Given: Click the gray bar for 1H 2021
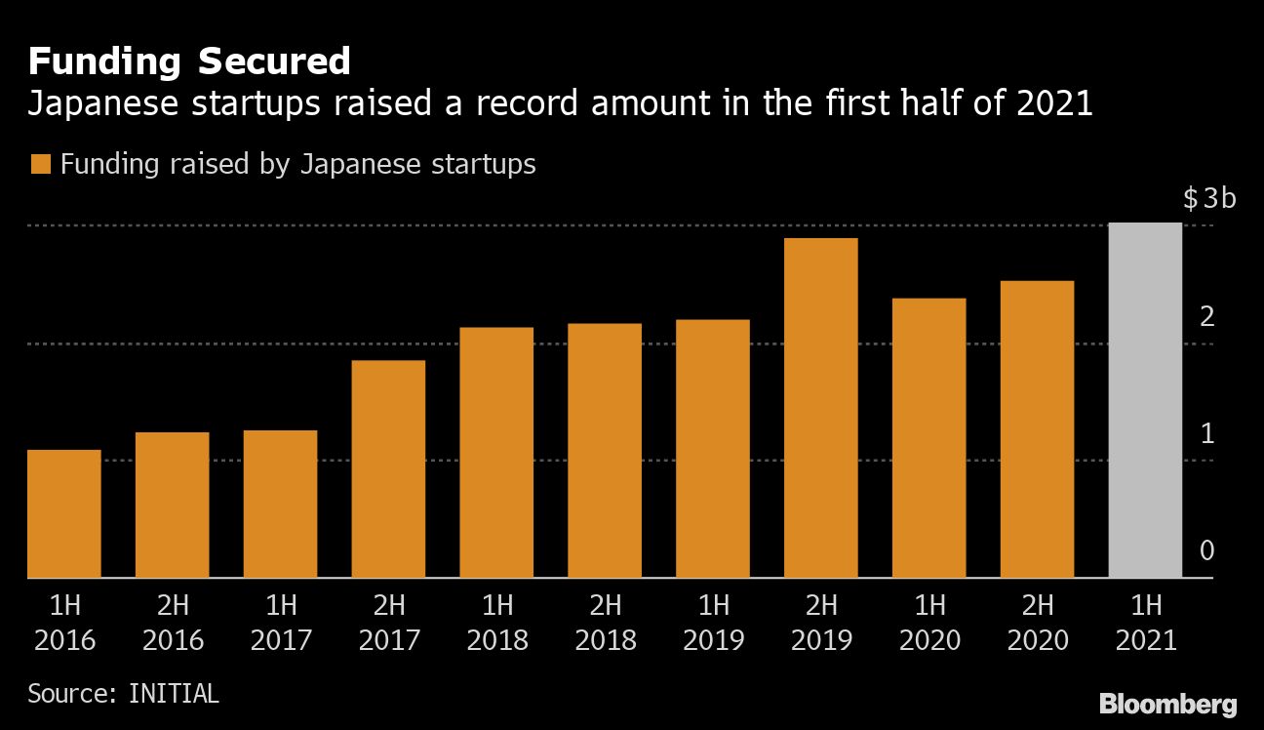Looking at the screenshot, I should click(x=1145, y=400).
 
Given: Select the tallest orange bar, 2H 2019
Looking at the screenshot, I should click(x=820, y=408).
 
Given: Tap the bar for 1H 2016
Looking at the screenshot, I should click(x=63, y=513).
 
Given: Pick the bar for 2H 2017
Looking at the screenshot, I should click(x=388, y=468).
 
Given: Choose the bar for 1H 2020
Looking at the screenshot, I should click(x=928, y=437).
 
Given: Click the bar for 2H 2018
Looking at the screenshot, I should click(x=605, y=450).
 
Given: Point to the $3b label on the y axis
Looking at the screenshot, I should click(x=1209, y=199).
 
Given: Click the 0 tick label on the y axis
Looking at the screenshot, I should click(x=1207, y=550).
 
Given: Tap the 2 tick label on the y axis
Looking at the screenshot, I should click(x=1207, y=316).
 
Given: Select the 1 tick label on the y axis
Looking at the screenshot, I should click(x=1207, y=433).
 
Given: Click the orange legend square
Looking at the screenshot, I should click(x=40, y=164).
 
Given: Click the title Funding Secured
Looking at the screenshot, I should click(x=189, y=61).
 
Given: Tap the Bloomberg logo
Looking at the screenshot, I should click(x=1167, y=704).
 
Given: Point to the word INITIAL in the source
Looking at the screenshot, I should click(x=174, y=694).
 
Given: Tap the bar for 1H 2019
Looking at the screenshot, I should click(x=713, y=448).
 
